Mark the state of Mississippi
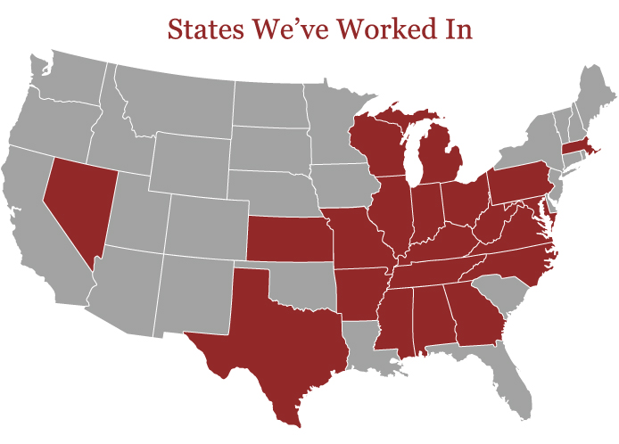[x=393, y=321]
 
